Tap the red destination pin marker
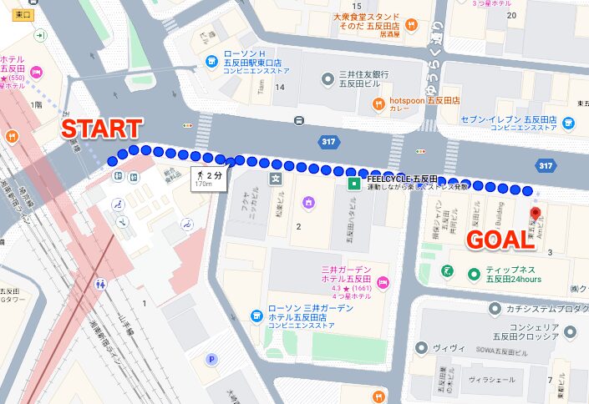pyautogui.click(x=536, y=215)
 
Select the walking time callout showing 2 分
pyautogui.click(x=206, y=177)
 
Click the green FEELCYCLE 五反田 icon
pyautogui.click(x=354, y=183)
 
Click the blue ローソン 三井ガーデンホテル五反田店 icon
pyautogui.click(x=257, y=316)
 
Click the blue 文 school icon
pyautogui.click(x=273, y=178)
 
